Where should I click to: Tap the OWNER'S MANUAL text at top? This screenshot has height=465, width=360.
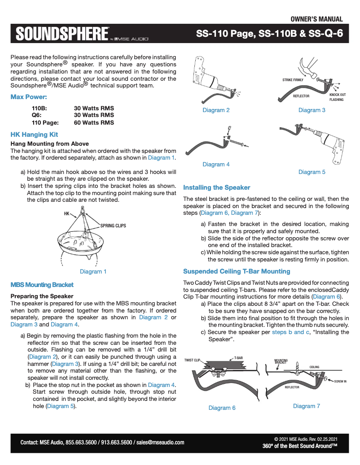tap(316, 19)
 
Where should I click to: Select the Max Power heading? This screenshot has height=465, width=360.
tap(29, 97)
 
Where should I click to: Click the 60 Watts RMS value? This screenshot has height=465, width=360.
tap(94, 122)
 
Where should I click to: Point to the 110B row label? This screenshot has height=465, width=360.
tap(39, 108)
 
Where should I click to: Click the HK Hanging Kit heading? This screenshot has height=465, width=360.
tap(34, 134)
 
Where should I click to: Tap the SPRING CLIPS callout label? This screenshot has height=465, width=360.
tap(113, 226)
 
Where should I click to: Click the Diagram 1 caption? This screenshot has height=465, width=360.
tap(93, 271)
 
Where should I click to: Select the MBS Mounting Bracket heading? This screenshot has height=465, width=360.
tap(42, 285)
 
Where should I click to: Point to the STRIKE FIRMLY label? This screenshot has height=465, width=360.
tap(293, 80)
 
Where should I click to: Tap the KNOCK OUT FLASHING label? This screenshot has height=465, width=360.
tap(337, 97)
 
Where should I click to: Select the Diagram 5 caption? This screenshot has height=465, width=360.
tap(312, 172)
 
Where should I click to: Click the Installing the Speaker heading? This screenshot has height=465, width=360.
tap(216, 187)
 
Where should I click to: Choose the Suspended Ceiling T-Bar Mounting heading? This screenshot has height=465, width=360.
tap(237, 271)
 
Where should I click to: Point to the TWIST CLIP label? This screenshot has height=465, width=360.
tap(192, 360)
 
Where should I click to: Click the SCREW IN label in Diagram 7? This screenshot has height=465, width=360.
tap(340, 381)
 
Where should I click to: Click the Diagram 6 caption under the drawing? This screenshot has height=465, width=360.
tap(222, 408)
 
